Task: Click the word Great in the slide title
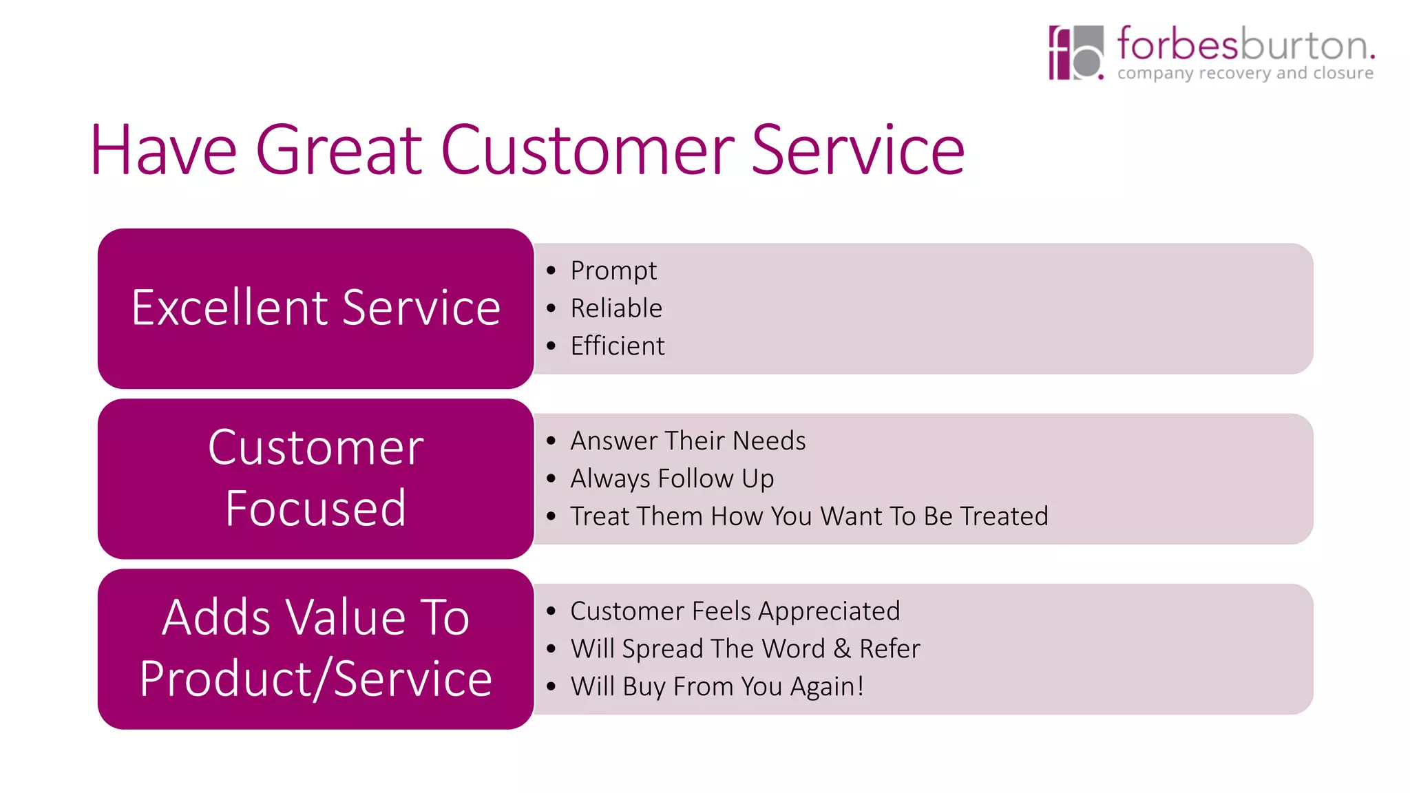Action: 339,150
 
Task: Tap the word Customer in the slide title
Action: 587,150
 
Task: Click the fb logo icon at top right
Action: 1075,52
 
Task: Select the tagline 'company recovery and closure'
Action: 1245,73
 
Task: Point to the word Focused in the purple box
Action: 315,508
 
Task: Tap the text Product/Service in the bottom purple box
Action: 315,679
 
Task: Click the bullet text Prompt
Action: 613,271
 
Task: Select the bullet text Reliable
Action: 616,308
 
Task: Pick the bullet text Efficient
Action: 618,346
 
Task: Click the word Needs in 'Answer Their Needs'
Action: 769,441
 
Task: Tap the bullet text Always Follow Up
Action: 672,478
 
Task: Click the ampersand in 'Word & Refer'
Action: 842,649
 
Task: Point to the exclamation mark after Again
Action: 860,686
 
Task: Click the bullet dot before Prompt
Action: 551,271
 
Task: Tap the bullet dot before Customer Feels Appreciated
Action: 551,611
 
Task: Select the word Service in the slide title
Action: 858,150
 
